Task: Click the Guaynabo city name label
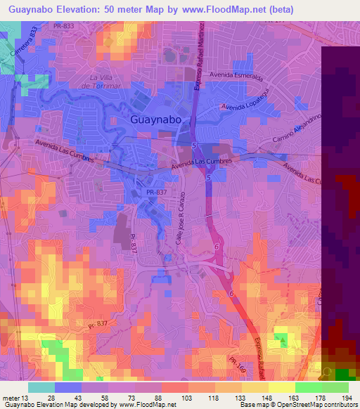pos(162,120)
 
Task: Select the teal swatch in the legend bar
pos(41,387)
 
